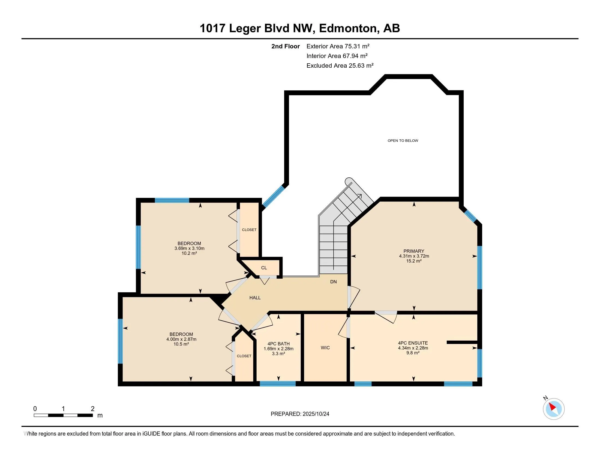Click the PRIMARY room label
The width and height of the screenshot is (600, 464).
414,251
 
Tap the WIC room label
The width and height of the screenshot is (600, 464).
325,348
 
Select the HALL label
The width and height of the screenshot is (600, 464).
255,298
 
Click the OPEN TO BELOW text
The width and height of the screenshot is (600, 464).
403,141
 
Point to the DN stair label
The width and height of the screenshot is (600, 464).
333,282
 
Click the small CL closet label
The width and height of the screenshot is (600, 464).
264,268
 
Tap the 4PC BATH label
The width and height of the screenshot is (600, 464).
278,344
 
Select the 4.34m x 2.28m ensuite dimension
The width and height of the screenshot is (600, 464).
413,348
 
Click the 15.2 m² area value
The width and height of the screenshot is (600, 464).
414,261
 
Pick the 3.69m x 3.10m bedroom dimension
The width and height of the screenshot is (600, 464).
189,248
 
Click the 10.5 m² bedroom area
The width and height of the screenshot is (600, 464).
181,344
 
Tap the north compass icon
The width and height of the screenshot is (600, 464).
553,409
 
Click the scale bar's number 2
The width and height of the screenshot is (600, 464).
92,409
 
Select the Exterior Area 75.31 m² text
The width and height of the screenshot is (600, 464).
338,46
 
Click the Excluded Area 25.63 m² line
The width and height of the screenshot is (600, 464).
340,66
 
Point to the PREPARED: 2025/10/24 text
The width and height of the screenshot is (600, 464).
300,414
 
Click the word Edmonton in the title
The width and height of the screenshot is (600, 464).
347,28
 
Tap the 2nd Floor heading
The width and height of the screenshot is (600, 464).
286,46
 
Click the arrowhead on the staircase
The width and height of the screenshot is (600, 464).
359,196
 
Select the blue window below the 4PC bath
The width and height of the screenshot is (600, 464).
277,384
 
